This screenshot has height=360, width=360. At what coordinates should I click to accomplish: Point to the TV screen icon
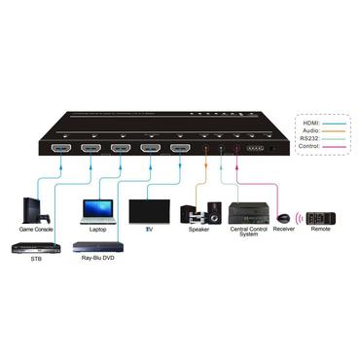pos(149,212)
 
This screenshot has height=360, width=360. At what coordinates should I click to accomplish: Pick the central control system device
pos(247,211)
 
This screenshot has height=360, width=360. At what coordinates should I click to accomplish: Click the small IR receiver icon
pos(283,217)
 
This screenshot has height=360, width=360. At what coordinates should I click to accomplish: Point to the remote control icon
pos(321,217)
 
